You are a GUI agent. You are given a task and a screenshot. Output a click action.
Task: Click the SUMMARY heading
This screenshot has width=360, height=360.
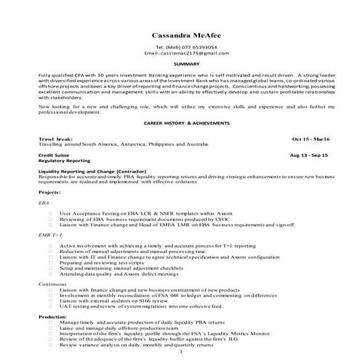180,64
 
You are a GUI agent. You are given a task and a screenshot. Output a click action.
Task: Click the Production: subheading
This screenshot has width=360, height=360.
52,317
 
